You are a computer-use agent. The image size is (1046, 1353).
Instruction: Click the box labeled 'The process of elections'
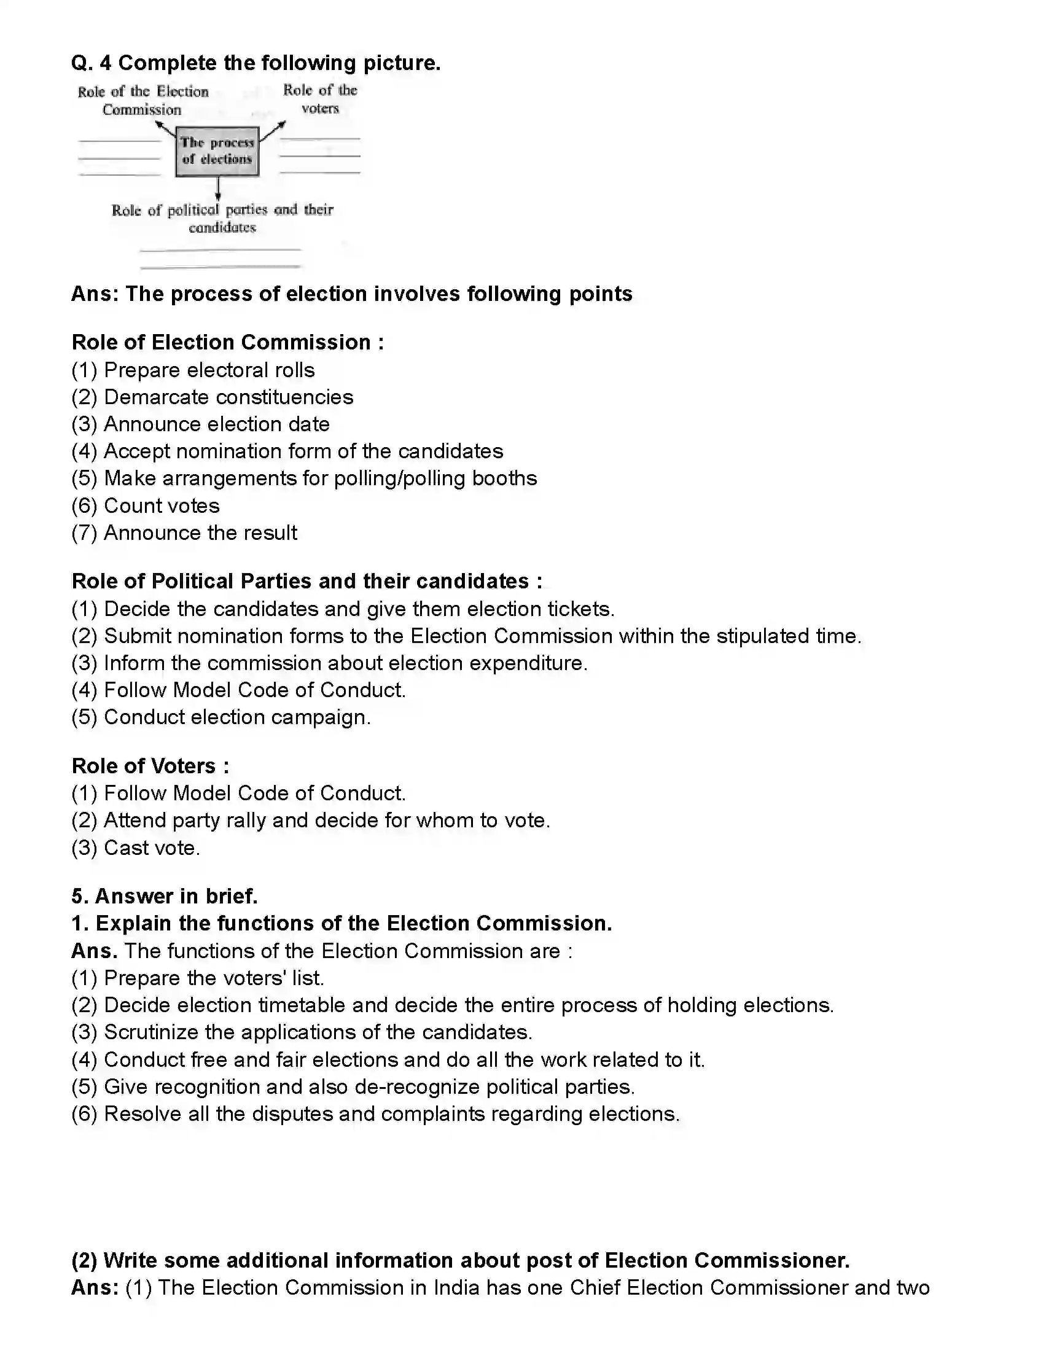217,151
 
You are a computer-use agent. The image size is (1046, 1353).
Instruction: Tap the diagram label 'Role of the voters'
320,99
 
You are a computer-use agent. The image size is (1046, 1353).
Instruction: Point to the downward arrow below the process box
218,189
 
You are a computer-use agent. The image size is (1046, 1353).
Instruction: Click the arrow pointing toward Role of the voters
273,131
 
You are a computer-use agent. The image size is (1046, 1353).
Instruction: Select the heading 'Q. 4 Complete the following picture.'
256,63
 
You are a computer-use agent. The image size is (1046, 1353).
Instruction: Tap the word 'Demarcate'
155,397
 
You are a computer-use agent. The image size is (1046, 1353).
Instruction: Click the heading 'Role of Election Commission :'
227,342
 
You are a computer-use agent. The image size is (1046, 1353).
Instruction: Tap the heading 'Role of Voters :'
150,766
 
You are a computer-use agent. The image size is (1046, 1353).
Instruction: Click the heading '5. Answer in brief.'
164,896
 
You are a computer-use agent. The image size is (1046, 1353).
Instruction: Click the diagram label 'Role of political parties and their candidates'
222,218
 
